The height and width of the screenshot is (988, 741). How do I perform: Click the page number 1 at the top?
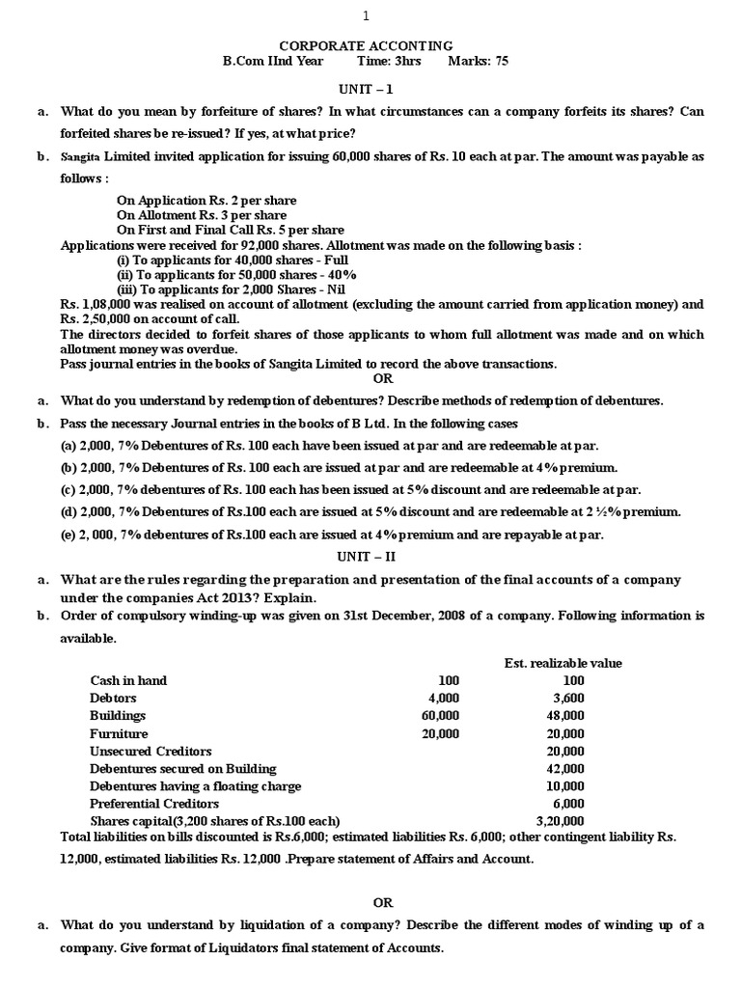[x=365, y=15]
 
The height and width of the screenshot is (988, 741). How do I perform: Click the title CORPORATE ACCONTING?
[x=366, y=45]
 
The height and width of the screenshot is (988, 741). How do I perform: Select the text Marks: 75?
[x=479, y=61]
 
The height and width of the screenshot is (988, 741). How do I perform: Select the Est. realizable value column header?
[x=563, y=663]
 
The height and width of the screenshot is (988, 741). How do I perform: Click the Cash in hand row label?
[x=128, y=680]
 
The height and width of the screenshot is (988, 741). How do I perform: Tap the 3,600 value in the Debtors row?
[x=567, y=698]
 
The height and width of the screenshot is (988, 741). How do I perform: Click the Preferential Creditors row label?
[x=149, y=803]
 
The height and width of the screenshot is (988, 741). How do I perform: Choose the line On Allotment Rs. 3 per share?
[x=206, y=215]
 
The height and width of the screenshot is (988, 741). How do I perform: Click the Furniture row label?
[x=119, y=733]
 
